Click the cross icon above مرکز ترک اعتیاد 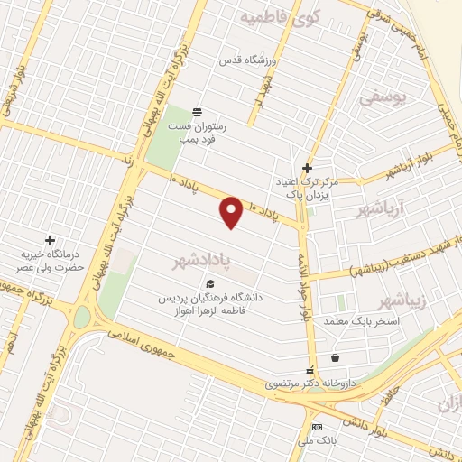[307, 168]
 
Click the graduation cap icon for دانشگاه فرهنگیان [210, 284]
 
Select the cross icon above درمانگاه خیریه [50, 240]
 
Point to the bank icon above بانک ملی [317, 427]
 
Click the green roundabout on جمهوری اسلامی [82, 318]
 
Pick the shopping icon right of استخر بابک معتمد [336, 356]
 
